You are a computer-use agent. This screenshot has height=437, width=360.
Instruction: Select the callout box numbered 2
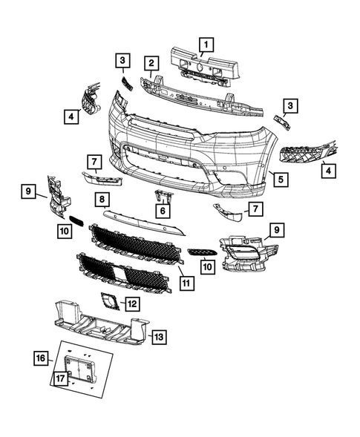tap(151, 63)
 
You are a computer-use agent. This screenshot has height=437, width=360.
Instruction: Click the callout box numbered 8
tap(102, 199)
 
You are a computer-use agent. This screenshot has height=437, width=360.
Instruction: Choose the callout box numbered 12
tap(131, 303)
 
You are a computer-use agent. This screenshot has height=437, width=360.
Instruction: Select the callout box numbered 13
tap(158, 337)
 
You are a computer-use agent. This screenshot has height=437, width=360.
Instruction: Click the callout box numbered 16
tap(41, 359)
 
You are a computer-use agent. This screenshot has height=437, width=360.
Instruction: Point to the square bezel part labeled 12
tap(109, 302)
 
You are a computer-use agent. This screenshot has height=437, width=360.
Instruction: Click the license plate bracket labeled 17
tap(77, 368)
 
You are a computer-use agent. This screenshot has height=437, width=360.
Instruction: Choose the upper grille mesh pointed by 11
tap(137, 241)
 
